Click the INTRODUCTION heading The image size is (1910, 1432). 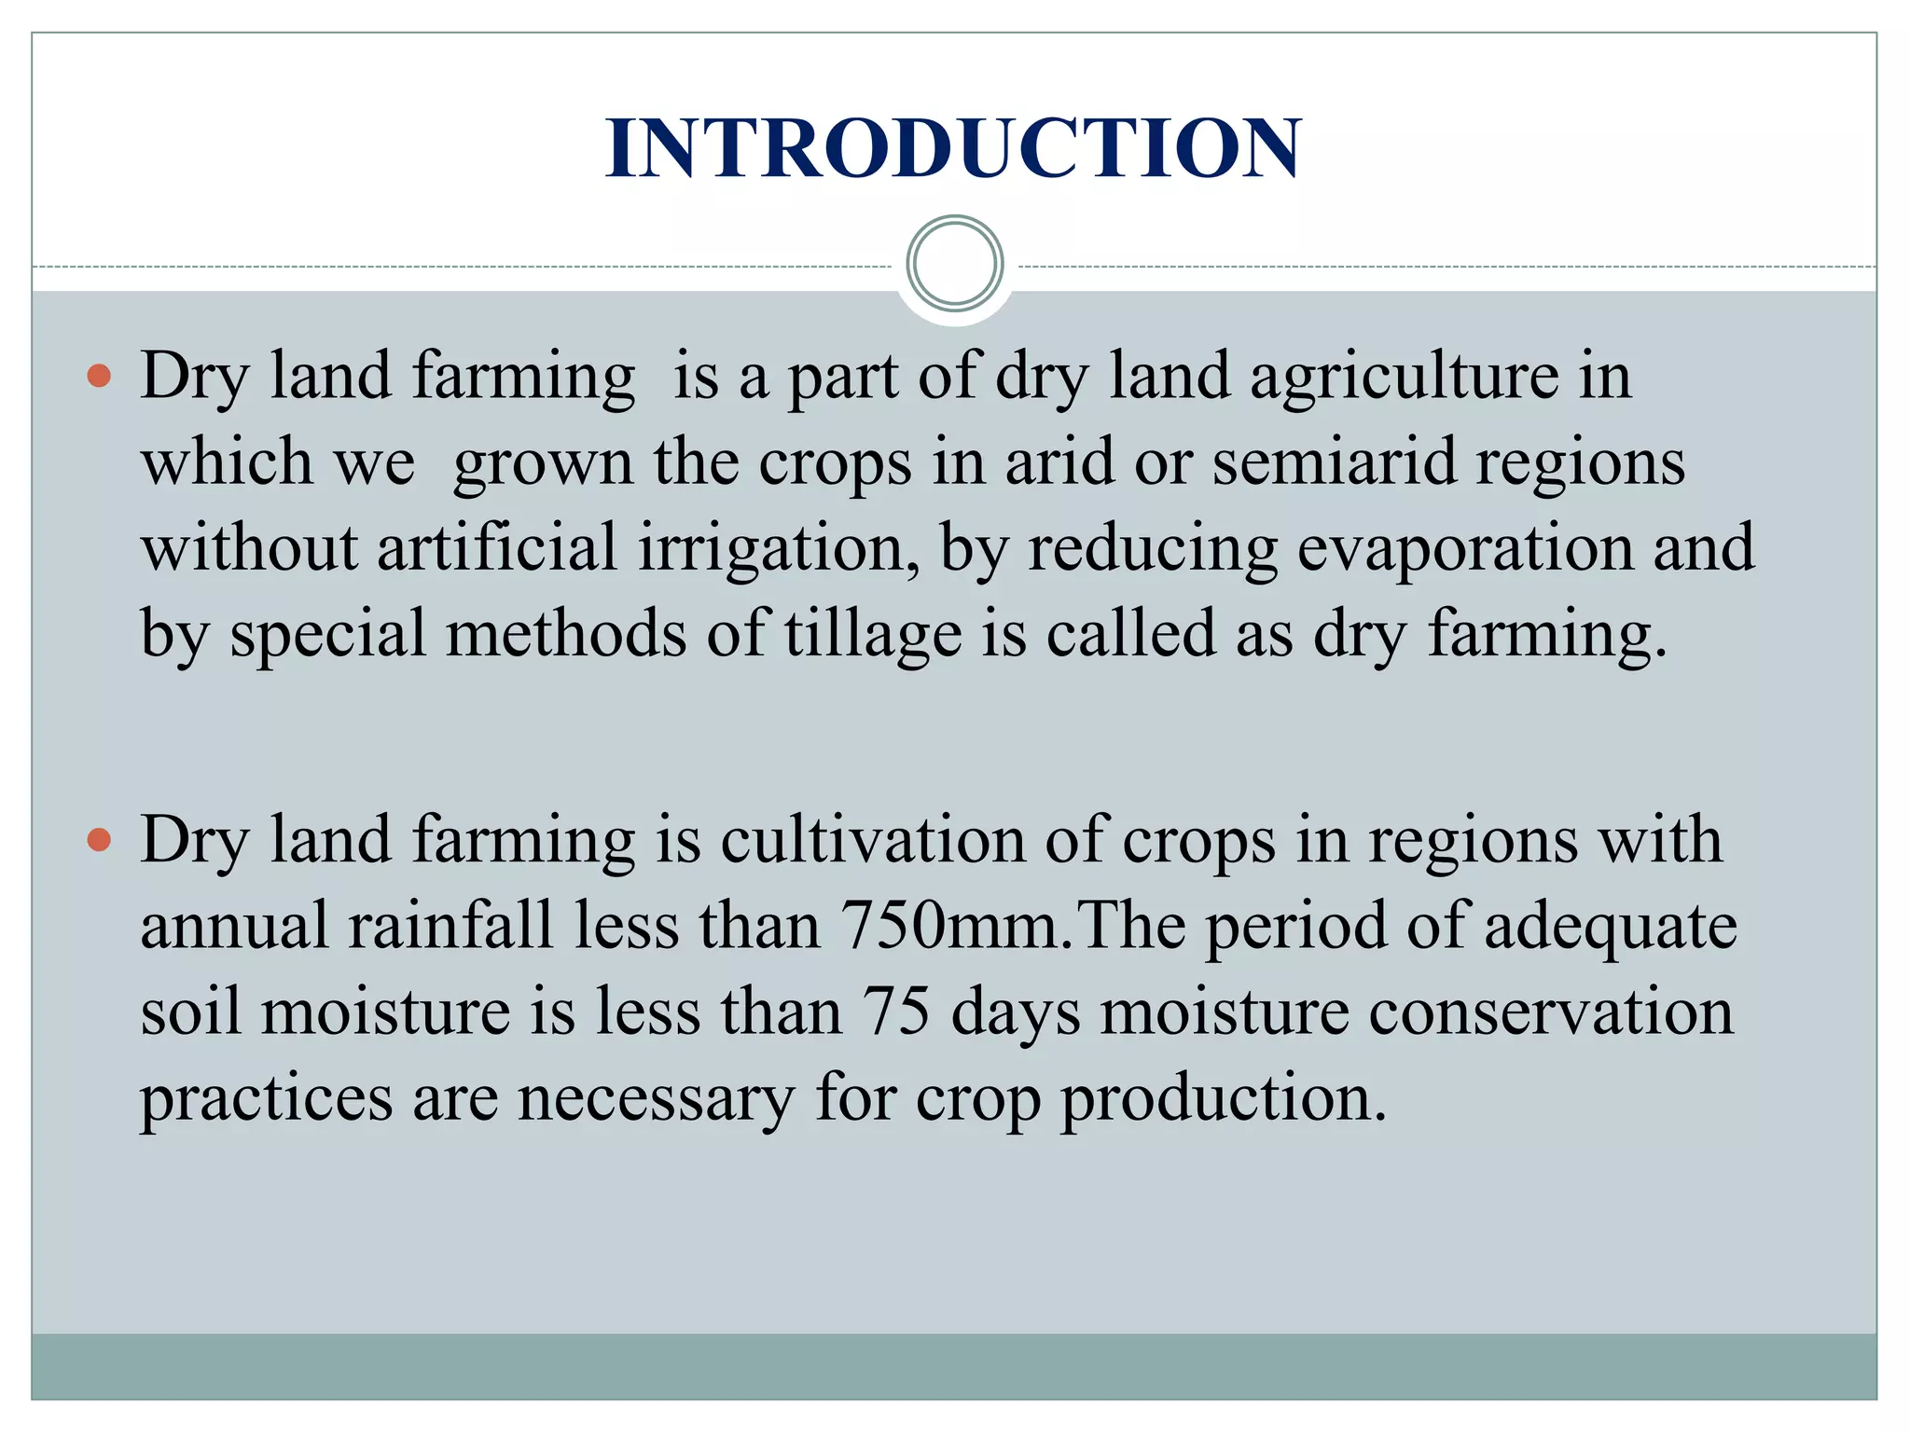tap(953, 149)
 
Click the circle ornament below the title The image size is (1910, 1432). tap(954, 264)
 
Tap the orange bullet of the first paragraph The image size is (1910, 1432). tap(99, 377)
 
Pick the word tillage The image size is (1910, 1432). tap(872, 634)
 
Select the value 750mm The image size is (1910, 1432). tap(951, 926)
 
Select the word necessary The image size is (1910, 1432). tap(656, 1098)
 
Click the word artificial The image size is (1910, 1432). tap(497, 548)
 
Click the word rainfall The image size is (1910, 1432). tap(451, 926)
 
